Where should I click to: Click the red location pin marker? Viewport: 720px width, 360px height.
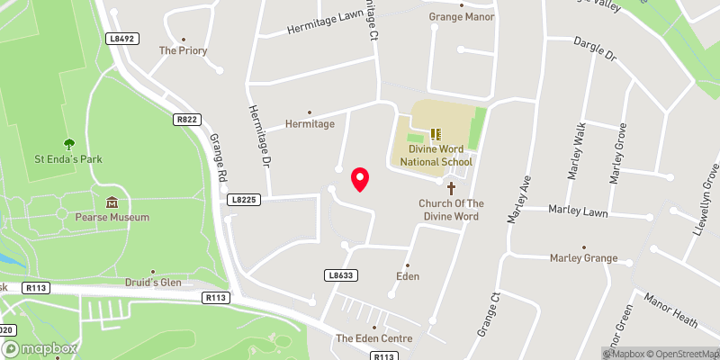(360, 179)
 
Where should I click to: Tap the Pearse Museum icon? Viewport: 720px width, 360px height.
(112, 202)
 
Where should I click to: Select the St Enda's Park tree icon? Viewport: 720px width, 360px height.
(69, 144)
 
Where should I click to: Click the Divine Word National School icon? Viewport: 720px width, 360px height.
(436, 134)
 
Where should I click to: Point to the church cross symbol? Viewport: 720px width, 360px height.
(451, 188)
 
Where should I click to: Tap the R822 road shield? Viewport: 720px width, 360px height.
(185, 118)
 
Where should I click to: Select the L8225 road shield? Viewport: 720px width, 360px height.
(244, 199)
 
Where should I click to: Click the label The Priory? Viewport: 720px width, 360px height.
(183, 51)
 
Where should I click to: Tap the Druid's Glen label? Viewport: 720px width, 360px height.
(152, 283)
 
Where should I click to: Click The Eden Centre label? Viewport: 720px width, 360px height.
(373, 338)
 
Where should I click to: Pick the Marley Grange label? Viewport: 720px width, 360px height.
(583, 258)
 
